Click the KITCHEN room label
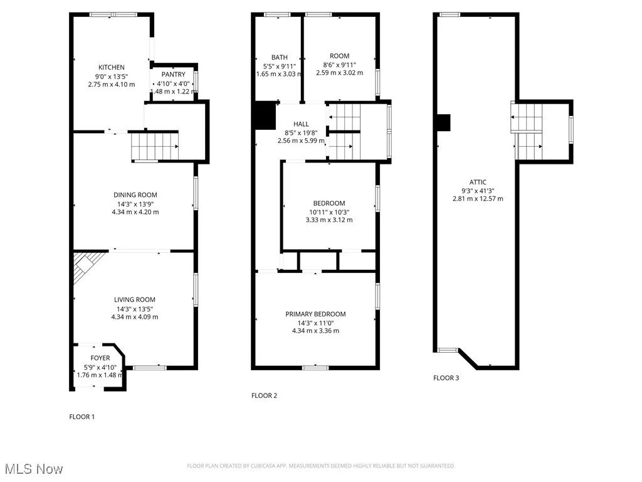click(x=111, y=67)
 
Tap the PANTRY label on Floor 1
click(x=172, y=74)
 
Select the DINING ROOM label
click(x=135, y=195)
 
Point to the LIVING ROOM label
click(x=134, y=299)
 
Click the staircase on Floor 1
click(x=155, y=146)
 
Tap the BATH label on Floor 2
click(x=279, y=57)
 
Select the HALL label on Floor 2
click(x=301, y=124)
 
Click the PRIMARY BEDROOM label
click(x=315, y=314)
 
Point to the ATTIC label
click(x=478, y=182)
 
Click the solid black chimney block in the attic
click(x=443, y=123)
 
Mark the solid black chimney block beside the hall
click(x=265, y=115)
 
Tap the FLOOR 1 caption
click(x=82, y=416)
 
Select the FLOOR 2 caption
click(x=264, y=395)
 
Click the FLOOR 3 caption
click(x=446, y=378)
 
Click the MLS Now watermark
click(x=33, y=469)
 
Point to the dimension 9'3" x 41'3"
click(x=478, y=190)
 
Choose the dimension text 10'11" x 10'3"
click(x=329, y=212)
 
